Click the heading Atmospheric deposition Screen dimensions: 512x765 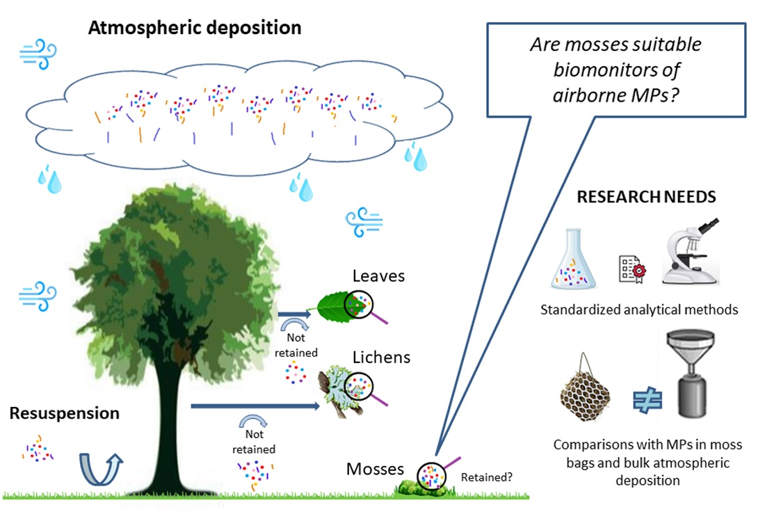click(x=195, y=29)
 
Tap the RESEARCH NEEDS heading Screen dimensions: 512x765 click(x=646, y=197)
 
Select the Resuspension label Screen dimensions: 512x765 click(x=64, y=413)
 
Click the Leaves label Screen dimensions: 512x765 click(x=378, y=276)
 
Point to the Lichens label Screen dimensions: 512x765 click(x=381, y=357)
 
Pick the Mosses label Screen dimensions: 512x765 click(x=376, y=469)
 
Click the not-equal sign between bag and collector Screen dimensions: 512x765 click(x=647, y=399)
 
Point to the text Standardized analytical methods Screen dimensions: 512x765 click(x=639, y=310)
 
